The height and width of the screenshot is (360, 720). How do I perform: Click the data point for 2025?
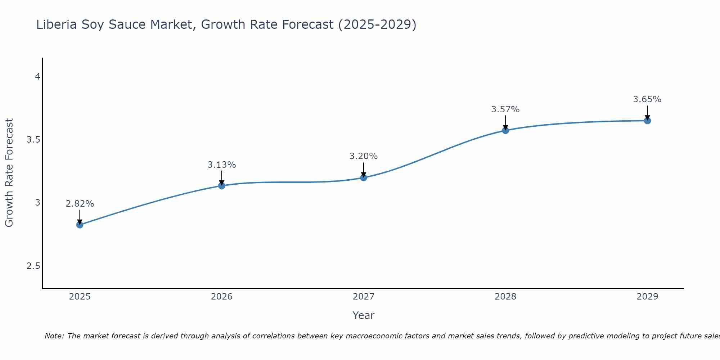80,225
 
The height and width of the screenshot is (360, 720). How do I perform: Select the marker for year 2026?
222,186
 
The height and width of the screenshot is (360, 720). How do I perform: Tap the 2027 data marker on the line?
364,177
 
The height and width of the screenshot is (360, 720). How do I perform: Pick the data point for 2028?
505,130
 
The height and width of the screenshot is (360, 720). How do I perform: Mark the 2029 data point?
647,121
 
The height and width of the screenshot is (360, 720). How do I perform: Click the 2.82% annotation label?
80,204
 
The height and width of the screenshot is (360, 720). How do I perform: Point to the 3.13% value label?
222,165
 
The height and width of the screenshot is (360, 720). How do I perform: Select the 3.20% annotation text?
364,156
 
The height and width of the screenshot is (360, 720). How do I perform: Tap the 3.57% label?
505,109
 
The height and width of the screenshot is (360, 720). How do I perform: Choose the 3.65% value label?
647,99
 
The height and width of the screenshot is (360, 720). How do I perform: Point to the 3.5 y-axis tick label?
33,140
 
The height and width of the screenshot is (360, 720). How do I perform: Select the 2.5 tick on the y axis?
33,266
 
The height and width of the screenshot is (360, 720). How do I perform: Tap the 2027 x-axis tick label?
364,297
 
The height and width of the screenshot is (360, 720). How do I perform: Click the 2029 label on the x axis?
647,297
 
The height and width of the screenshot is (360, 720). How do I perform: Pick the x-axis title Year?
364,315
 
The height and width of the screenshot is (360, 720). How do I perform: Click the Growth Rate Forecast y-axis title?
9,173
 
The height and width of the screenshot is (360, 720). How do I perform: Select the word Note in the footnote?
54,336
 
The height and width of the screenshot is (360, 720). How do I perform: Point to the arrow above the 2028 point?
505,122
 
